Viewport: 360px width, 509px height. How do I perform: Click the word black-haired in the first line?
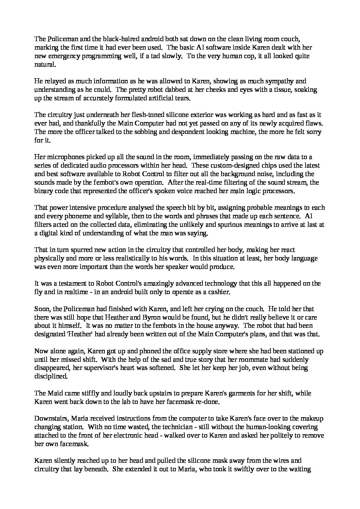pyautogui.click(x=119, y=39)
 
